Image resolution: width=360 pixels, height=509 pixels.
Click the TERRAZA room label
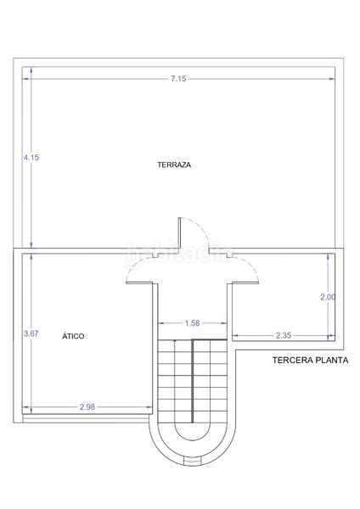pos(173,165)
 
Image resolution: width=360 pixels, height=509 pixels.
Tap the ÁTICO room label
pos(73,336)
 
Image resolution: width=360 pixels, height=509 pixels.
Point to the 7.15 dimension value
pos(177,79)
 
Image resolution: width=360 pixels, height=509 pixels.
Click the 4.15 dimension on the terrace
pos(31,158)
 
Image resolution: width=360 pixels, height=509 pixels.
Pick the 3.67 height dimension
pos(31,333)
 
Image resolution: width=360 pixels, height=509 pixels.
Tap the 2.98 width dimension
pos(87,407)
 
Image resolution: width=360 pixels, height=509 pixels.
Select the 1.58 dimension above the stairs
pos(192,322)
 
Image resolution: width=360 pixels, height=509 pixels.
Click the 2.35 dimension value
pos(283,335)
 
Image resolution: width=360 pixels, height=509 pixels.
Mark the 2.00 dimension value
pos(327,297)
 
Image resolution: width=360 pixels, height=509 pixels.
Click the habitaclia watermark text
pos(179,252)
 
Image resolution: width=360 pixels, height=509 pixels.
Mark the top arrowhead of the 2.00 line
pos(328,258)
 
